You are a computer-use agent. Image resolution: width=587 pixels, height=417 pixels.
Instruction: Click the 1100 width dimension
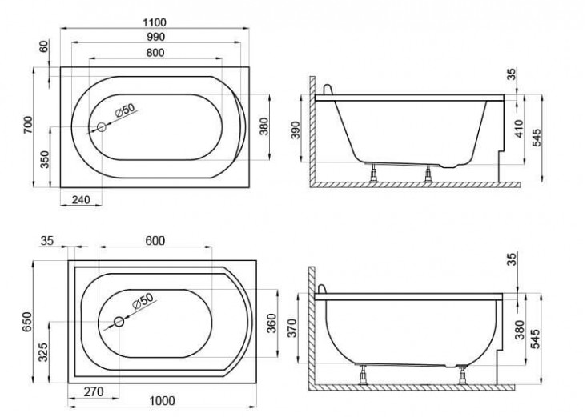(155, 22)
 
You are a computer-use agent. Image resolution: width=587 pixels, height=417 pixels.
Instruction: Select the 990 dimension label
(155, 37)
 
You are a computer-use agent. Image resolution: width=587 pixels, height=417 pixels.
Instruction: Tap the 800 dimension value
(155, 53)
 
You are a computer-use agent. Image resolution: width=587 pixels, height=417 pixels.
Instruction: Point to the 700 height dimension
(28, 126)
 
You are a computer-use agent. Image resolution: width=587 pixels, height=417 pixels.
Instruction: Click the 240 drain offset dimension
(81, 200)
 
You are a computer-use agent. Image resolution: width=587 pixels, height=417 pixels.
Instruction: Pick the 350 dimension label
(45, 159)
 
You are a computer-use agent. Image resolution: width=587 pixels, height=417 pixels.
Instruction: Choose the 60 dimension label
(44, 46)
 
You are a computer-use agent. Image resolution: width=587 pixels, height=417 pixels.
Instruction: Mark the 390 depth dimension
(296, 130)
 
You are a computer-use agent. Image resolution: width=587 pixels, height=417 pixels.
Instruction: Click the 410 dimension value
(519, 128)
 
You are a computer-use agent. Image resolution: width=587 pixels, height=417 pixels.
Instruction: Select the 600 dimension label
(155, 241)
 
